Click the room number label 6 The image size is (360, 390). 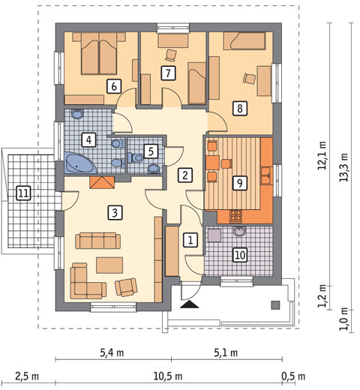click(x=114, y=86)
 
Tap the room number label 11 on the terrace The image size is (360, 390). click(x=23, y=193)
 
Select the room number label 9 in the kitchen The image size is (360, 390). click(x=240, y=183)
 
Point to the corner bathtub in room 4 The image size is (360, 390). click(x=80, y=163)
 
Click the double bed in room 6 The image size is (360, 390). click(x=99, y=53)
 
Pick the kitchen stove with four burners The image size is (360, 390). click(x=236, y=216)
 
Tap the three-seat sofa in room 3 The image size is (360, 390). click(x=97, y=241)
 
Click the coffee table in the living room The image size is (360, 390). click(x=109, y=265)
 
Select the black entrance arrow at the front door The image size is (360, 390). click(x=189, y=304)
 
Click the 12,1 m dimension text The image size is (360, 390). click(x=322, y=155)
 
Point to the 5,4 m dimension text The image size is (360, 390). click(x=112, y=352)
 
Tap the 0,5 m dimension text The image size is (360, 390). click(x=293, y=376)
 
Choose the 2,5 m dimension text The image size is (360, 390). click(x=27, y=376)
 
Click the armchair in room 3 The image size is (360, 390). click(x=126, y=287)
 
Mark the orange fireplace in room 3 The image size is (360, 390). click(x=102, y=182)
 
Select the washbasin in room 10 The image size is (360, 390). click(x=239, y=231)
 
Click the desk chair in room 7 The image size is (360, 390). click(x=171, y=55)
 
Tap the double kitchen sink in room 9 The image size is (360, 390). click(x=266, y=175)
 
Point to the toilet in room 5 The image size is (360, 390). click(x=136, y=157)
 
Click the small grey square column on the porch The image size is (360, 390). click(x=275, y=305)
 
